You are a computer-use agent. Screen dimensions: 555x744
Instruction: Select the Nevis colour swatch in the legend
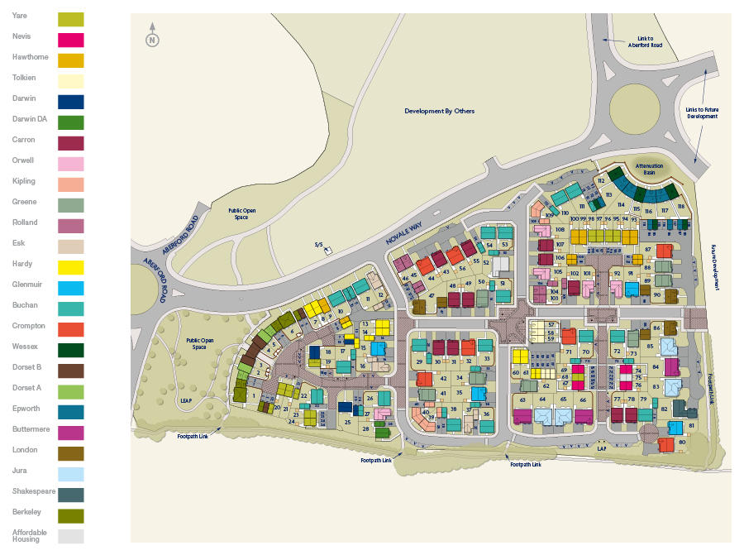[70, 39]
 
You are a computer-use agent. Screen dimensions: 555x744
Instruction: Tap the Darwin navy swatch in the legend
[70, 101]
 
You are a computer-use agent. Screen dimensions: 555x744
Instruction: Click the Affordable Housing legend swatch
[70, 536]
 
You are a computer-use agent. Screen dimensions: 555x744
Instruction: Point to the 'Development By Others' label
[439, 111]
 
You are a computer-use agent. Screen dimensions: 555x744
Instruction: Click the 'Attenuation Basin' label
[649, 169]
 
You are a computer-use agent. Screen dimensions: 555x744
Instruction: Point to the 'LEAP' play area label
[187, 400]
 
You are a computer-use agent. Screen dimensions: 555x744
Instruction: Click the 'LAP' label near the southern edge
[602, 447]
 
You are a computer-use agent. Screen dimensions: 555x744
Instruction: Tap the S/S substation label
[318, 244]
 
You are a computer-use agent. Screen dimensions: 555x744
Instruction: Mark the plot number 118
[681, 207]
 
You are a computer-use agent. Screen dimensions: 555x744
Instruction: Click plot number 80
[682, 442]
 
